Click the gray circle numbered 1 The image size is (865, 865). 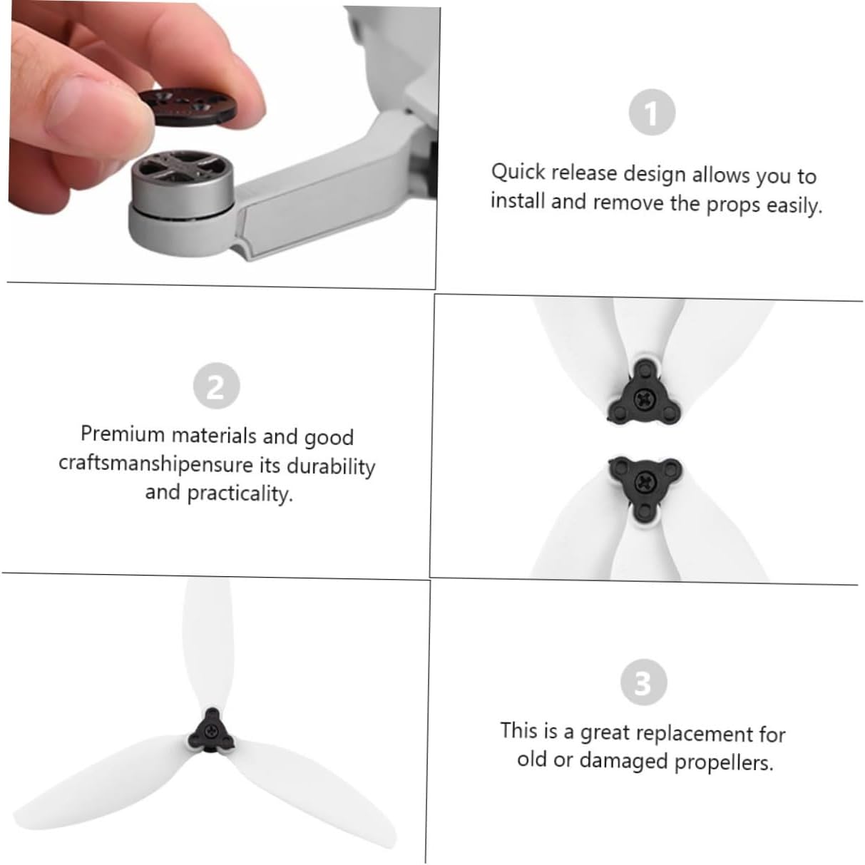click(x=652, y=112)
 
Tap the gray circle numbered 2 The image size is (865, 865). click(x=216, y=386)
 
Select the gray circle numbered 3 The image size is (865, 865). click(x=644, y=682)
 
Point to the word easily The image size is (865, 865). click(x=794, y=206)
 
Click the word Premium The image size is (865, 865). click(x=123, y=434)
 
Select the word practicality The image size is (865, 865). click(x=240, y=493)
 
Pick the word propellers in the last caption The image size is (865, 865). click(x=724, y=762)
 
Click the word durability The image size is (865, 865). click(x=330, y=466)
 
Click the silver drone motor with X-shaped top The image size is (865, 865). click(x=182, y=184)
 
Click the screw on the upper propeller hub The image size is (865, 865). click(x=643, y=398)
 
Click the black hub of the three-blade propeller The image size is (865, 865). click(x=211, y=733)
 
